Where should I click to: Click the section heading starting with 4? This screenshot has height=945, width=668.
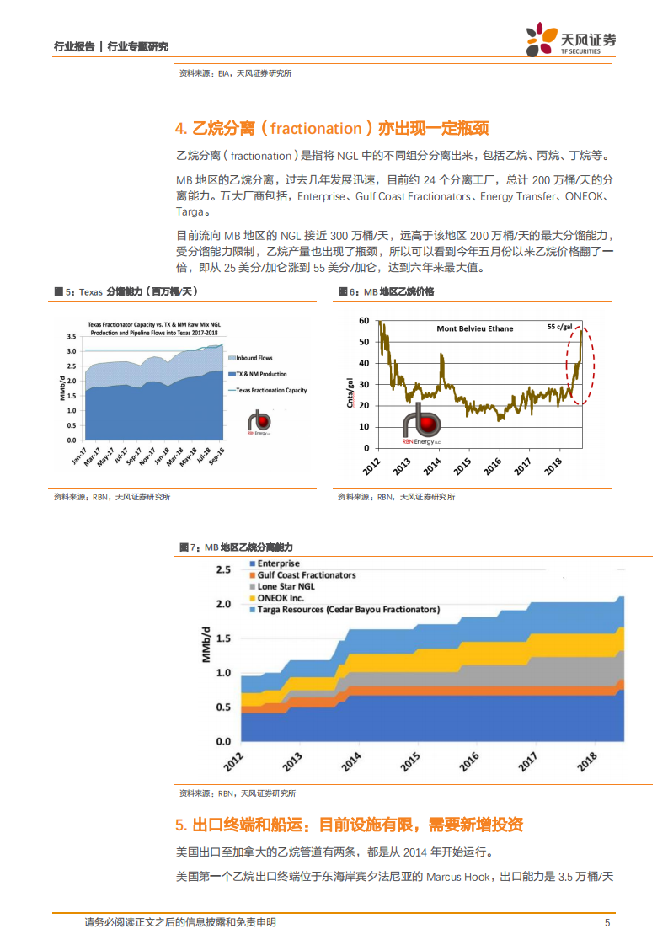[x=332, y=129]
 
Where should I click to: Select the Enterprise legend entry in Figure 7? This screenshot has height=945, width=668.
[x=278, y=563]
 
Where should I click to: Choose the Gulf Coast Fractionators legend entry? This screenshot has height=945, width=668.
[x=306, y=575]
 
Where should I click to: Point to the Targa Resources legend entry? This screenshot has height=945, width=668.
[x=348, y=609]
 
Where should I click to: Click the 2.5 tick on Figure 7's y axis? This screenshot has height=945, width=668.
[x=223, y=570]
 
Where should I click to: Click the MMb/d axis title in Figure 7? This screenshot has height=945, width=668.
[x=206, y=645]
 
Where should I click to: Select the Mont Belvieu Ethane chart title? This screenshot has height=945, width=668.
[x=474, y=328]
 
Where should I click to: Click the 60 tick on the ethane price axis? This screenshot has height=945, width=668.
[x=364, y=321]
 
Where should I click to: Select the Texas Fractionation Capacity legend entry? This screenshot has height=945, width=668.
[x=270, y=390]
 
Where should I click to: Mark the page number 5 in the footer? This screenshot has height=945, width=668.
[x=607, y=922]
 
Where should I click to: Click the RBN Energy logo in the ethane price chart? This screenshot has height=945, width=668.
[x=423, y=422]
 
